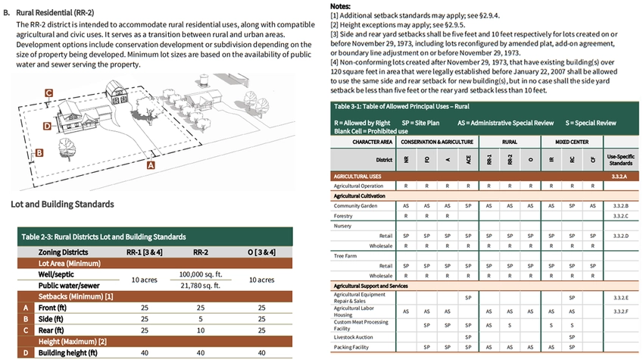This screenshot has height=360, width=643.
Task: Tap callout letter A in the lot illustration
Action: [150, 164]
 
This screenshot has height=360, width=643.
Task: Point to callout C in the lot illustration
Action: [48, 93]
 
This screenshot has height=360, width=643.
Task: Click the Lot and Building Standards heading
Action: [63, 204]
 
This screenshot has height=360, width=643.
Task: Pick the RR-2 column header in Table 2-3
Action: [201, 252]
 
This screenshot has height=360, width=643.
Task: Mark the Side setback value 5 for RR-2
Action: [201, 319]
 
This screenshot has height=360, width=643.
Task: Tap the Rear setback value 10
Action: [201, 330]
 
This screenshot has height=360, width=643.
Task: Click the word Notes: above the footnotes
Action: [341, 5]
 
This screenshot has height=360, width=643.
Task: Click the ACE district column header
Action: [468, 160]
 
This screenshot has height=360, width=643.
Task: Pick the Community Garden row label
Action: [357, 205]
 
